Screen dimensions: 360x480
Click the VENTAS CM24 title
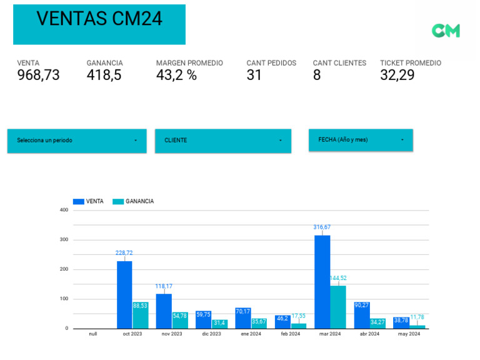pyautogui.click(x=99, y=19)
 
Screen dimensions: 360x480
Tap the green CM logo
pyautogui.click(x=446, y=31)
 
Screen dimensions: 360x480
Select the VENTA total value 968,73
pyautogui.click(x=38, y=76)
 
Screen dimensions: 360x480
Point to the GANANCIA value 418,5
pyautogui.click(x=104, y=76)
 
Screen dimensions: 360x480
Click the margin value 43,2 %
pyautogui.click(x=176, y=76)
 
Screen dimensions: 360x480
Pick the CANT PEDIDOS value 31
pyautogui.click(x=254, y=76)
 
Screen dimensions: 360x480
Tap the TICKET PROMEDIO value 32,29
pyautogui.click(x=397, y=76)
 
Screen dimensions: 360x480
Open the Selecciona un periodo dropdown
pyautogui.click(x=77, y=141)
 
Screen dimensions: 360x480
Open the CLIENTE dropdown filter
pyautogui.click(x=223, y=141)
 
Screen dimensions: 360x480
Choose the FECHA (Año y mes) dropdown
pyautogui.click(x=361, y=140)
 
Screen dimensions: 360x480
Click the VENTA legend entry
pyautogui.click(x=88, y=201)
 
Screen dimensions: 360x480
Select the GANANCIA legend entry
pyautogui.click(x=133, y=201)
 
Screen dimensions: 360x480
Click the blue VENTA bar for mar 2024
pyautogui.click(x=322, y=281)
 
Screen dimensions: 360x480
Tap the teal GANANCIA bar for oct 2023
pyautogui.click(x=141, y=316)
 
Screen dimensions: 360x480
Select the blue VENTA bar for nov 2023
pyautogui.click(x=164, y=311)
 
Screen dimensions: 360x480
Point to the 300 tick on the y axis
pyautogui.click(x=64, y=239)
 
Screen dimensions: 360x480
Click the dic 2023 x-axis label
pyautogui.click(x=211, y=334)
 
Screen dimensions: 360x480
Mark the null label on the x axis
pyautogui.click(x=92, y=334)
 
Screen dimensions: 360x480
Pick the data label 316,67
pyautogui.click(x=322, y=227)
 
